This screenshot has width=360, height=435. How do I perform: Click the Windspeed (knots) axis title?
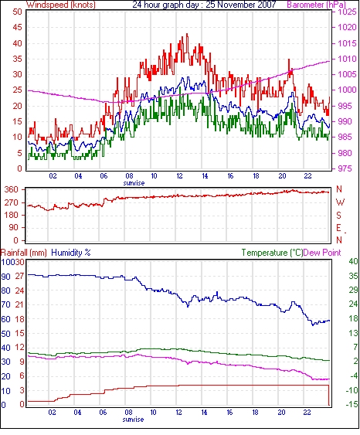(61, 5)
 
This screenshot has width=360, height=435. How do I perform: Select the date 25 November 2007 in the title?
(241, 5)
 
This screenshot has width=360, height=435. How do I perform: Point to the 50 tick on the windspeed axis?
(18, 12)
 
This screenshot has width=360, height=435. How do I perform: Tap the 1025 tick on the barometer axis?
(347, 12)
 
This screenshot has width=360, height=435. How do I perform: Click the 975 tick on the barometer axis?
(345, 168)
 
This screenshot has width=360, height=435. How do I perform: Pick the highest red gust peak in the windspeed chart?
(187, 34)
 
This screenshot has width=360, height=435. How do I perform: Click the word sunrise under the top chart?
(134, 183)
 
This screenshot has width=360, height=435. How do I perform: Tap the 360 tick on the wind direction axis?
(12, 190)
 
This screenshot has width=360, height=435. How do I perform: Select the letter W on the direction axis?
(340, 202)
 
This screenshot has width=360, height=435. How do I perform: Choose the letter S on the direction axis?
(338, 215)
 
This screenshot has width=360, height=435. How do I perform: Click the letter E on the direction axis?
(338, 228)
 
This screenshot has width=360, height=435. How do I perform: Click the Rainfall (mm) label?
(24, 253)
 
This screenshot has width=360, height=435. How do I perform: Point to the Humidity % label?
(71, 253)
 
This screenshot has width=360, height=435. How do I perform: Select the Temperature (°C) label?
(272, 253)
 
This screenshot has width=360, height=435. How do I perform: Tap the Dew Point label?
(322, 253)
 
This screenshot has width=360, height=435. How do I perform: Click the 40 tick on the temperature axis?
(353, 261)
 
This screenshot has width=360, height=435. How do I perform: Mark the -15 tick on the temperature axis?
(352, 405)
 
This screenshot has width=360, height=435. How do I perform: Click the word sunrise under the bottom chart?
(133, 420)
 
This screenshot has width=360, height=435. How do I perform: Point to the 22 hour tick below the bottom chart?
(307, 413)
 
